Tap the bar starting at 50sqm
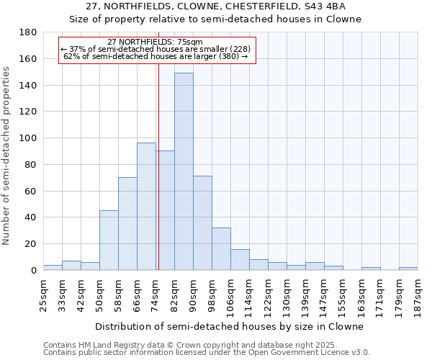(x=109, y=240)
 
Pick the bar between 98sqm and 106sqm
(x=221, y=249)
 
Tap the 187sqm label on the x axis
(x=418, y=296)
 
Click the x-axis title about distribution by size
(x=229, y=326)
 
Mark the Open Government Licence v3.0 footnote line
(x=207, y=352)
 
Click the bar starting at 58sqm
(x=127, y=223)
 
